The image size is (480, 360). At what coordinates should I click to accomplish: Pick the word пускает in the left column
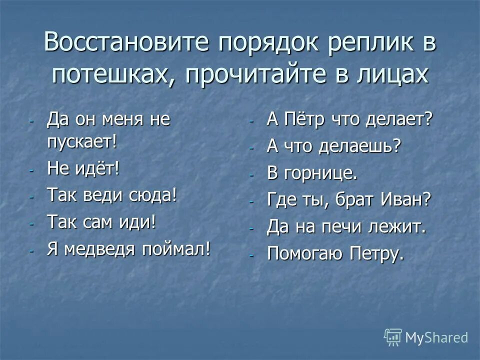80,141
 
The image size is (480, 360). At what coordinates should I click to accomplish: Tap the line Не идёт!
83,168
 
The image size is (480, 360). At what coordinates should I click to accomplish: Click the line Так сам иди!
101,221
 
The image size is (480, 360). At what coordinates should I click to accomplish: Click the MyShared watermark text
436,337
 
